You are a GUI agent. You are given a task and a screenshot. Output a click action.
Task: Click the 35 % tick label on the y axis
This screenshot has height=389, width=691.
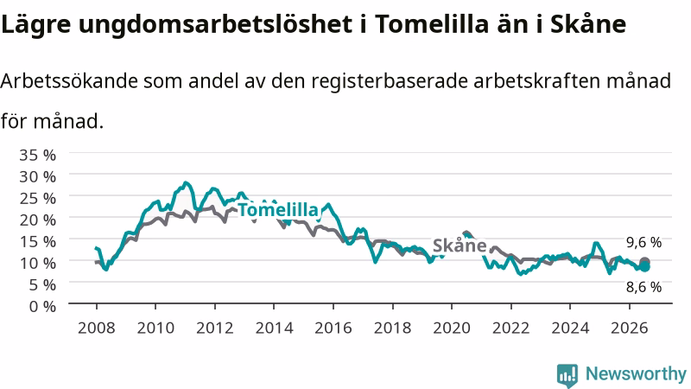pos(37,156)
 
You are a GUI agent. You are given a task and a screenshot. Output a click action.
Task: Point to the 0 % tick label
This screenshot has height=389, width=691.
pos(42,306)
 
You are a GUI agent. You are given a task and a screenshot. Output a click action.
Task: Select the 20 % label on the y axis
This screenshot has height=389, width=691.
pos(37,220)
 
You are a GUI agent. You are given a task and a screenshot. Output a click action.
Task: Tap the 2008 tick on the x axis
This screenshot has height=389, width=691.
pos(96,328)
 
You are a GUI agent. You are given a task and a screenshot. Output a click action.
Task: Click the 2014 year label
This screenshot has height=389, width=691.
pos(274,328)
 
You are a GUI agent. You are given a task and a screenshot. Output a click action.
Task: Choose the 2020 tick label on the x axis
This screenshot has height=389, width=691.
pos(452,328)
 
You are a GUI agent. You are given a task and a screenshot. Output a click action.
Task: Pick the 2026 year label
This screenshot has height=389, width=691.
pos(630,328)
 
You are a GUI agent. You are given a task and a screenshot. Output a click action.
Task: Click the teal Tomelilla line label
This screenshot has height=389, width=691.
pos(277,210)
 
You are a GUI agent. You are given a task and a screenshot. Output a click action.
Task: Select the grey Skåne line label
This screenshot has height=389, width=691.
pos(460,246)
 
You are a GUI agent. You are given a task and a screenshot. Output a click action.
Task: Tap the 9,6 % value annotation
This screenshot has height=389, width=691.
pos(643,242)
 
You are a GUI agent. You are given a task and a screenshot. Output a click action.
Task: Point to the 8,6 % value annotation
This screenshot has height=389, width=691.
pos(643,287)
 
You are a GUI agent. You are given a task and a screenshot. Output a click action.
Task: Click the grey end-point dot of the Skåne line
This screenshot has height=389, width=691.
pos(644,262)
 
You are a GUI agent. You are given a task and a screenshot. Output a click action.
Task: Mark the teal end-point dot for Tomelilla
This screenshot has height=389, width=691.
pos(644,267)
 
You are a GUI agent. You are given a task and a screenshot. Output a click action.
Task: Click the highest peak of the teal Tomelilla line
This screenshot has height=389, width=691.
pos(186,182)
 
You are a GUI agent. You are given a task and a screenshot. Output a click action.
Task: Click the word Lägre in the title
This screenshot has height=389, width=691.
pos(35,24)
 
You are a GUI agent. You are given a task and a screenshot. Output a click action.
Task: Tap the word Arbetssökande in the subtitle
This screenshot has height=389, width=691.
pos(69,80)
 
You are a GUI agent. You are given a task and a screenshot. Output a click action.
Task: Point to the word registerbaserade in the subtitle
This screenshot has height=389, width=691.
pos(390,82)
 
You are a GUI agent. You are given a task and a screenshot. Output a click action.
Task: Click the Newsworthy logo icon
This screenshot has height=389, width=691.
pos(567,375)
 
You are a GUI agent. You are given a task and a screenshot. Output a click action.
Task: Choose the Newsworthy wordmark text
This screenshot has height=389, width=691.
pos(636,374)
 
